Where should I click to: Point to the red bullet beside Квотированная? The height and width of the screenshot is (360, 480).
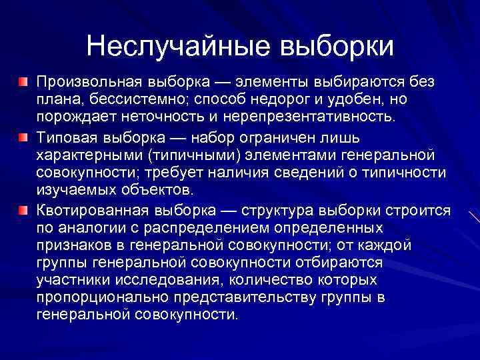point(23,210)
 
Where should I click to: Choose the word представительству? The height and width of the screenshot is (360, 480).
point(246,297)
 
